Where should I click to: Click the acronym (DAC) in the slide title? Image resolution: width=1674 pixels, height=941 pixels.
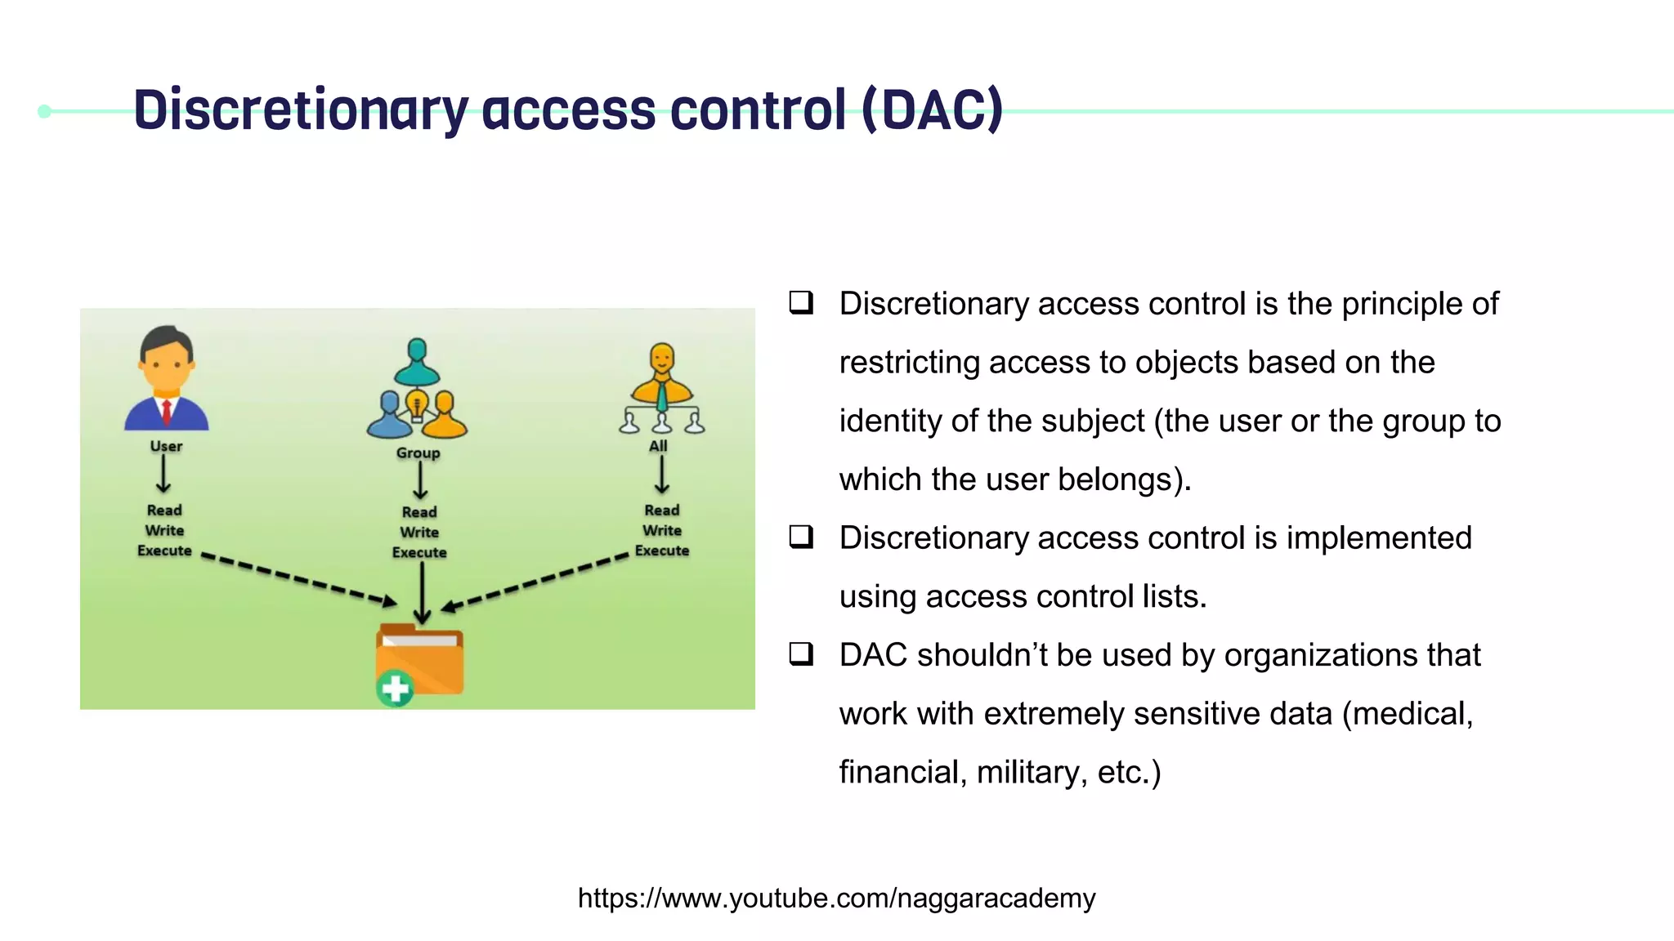click(932, 109)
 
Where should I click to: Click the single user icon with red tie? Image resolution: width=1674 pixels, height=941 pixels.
click(167, 379)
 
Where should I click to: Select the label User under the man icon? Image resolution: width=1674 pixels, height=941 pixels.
click(166, 446)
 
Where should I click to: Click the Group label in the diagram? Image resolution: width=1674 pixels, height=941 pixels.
click(418, 453)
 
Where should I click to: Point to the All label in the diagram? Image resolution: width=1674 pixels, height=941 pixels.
click(658, 446)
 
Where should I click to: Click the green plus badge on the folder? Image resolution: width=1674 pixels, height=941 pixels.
click(396, 689)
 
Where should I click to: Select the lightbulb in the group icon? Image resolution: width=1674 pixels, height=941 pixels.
click(417, 403)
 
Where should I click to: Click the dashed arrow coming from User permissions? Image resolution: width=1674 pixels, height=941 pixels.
click(298, 580)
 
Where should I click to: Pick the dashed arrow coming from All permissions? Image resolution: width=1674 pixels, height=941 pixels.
click(535, 582)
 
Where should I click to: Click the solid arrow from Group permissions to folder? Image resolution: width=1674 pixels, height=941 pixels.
click(422, 592)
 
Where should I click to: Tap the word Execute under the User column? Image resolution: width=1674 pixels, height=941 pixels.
click(164, 551)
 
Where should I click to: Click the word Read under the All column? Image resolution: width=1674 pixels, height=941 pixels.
click(661, 510)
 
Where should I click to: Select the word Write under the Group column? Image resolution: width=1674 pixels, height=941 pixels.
click(419, 532)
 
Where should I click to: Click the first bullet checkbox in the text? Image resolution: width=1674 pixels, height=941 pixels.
click(801, 303)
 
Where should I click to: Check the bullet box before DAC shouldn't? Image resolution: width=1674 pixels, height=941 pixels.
click(801, 654)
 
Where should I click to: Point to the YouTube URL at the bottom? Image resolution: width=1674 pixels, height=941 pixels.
click(836, 898)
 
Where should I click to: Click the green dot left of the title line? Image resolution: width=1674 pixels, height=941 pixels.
click(45, 111)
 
